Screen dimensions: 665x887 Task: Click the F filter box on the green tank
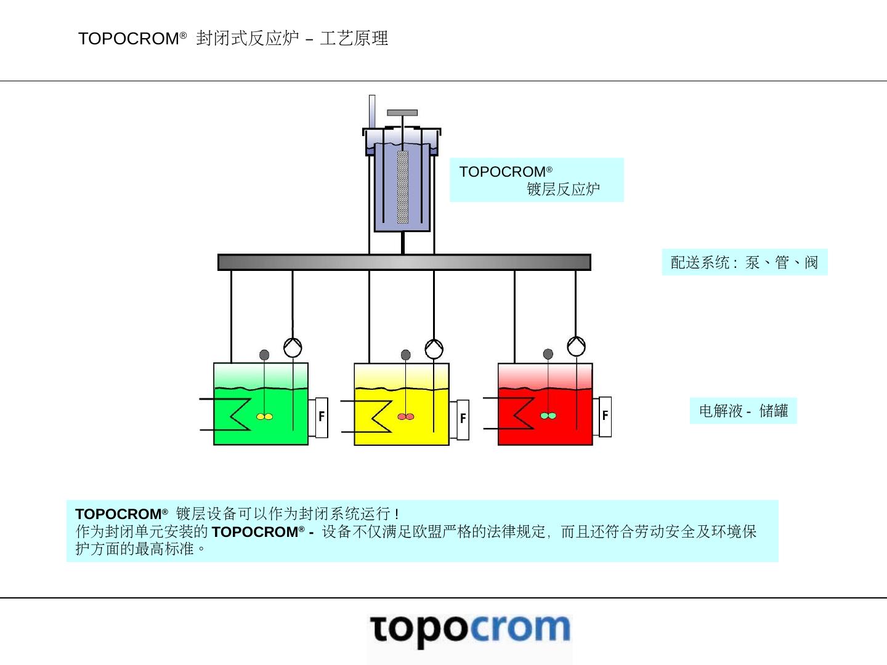(x=321, y=417)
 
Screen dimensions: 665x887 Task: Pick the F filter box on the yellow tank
(x=463, y=419)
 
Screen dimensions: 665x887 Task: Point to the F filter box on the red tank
(x=605, y=416)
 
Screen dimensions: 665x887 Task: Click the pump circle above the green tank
(x=293, y=347)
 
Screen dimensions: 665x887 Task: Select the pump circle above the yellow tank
(x=434, y=349)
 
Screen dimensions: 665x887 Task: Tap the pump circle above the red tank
(x=576, y=346)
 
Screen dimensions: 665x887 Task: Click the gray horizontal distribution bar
(x=404, y=262)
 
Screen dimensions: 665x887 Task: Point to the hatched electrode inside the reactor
(x=402, y=187)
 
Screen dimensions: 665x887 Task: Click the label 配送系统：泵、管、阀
(x=744, y=262)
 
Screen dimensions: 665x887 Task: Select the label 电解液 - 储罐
(x=743, y=411)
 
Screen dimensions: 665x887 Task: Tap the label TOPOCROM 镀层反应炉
(x=536, y=180)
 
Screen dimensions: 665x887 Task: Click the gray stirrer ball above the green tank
(x=264, y=355)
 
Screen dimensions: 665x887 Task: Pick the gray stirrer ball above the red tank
(x=548, y=354)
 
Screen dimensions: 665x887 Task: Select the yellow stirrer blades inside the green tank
(x=264, y=417)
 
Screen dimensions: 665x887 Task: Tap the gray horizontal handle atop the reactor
(x=402, y=113)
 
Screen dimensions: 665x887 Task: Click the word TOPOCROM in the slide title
(x=129, y=39)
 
